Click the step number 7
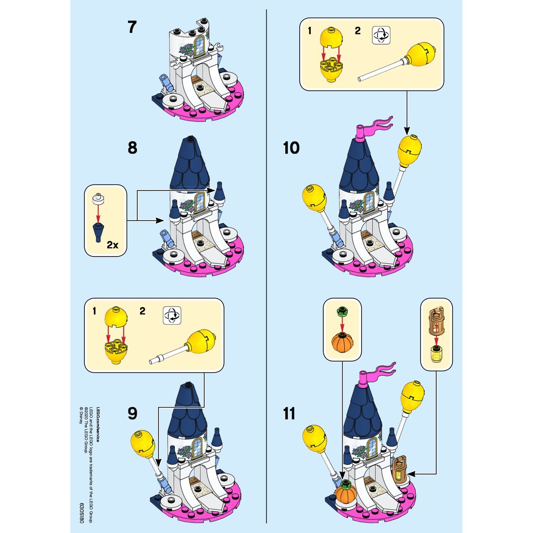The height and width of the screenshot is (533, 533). point(132,28)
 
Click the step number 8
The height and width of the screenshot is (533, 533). point(132,148)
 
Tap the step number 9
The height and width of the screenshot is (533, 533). point(132,413)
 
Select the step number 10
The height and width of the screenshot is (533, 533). point(291,148)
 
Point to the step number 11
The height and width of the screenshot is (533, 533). point(289,414)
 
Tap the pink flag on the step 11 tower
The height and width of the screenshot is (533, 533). point(376,371)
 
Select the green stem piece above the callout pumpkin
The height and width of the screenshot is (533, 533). point(342,312)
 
